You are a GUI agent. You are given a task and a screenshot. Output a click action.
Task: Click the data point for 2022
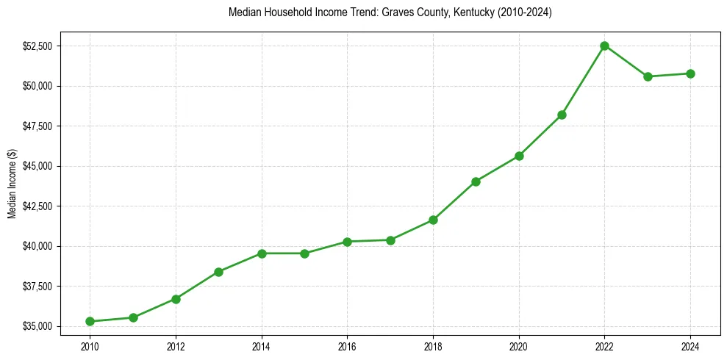point(604,46)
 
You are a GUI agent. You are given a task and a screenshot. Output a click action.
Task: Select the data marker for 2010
point(90,321)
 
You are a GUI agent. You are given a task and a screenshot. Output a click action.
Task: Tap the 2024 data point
point(690,73)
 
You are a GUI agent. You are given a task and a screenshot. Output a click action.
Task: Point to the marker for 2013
point(218,272)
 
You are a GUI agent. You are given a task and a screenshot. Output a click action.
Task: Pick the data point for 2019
point(476,181)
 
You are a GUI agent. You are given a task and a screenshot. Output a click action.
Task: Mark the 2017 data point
point(390,240)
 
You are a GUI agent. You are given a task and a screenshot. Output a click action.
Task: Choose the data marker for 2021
point(562,115)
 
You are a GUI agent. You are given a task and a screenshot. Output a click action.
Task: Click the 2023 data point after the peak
point(648,76)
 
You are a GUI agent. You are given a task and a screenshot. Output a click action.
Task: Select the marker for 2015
point(304,253)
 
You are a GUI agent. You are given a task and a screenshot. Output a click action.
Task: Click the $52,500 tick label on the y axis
point(37,46)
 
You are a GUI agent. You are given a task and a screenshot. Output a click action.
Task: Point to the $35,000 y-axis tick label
point(37,326)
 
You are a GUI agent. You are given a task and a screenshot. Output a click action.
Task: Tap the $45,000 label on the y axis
point(37,166)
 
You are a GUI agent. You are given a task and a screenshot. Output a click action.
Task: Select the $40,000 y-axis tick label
point(37,246)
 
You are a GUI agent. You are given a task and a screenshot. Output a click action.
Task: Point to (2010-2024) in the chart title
point(525,13)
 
